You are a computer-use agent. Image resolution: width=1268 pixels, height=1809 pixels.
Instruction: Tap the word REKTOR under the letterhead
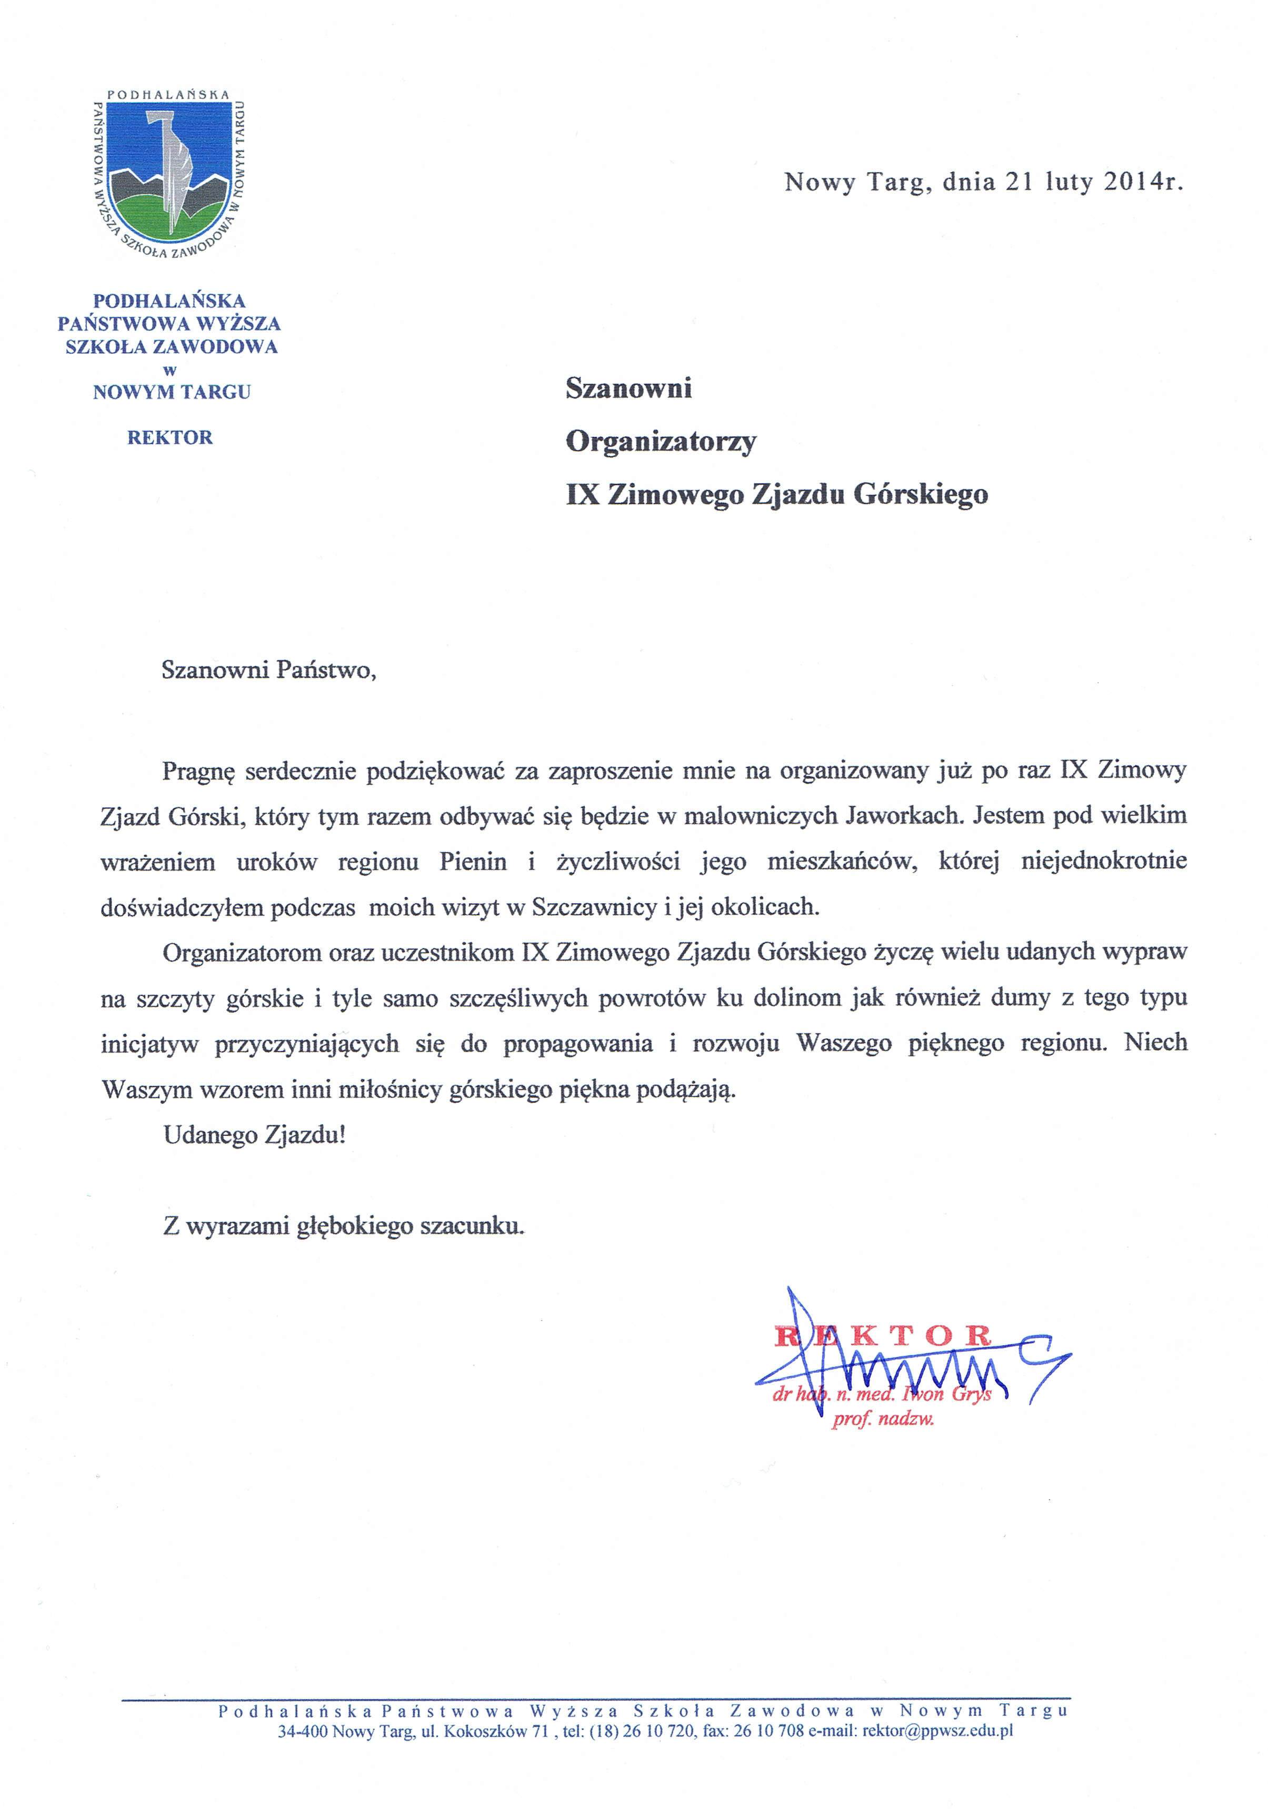(169, 437)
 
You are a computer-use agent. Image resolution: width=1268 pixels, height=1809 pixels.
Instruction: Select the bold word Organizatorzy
(661, 441)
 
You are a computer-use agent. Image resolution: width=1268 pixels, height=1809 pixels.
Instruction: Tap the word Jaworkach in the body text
(903, 815)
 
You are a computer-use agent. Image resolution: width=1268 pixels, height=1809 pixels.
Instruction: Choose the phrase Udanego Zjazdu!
(254, 1135)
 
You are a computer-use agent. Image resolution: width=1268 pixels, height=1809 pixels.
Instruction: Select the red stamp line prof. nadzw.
(883, 1420)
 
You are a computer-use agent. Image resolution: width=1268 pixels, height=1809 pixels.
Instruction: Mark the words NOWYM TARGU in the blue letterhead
(172, 392)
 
